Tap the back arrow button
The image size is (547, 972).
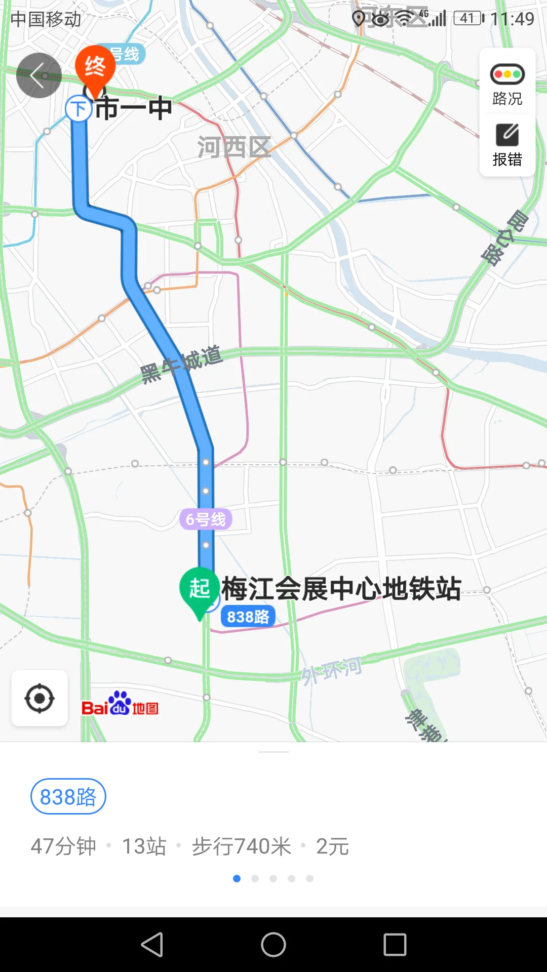38,75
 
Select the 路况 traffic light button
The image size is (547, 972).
507,84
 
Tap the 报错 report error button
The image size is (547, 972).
507,145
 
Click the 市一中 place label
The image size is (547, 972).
134,108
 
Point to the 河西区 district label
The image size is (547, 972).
234,147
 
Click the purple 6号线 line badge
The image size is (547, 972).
206,519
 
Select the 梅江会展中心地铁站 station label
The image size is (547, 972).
341,589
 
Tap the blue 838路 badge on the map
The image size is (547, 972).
248,617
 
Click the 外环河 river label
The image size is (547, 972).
332,671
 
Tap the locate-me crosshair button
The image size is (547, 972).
40,699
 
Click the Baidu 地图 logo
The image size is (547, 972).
120,704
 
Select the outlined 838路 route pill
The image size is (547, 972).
68,796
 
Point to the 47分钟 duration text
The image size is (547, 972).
63,846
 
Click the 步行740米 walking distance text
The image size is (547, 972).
242,846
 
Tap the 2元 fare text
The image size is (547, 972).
332,846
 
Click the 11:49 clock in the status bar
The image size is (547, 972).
512,19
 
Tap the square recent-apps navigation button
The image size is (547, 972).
395,945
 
